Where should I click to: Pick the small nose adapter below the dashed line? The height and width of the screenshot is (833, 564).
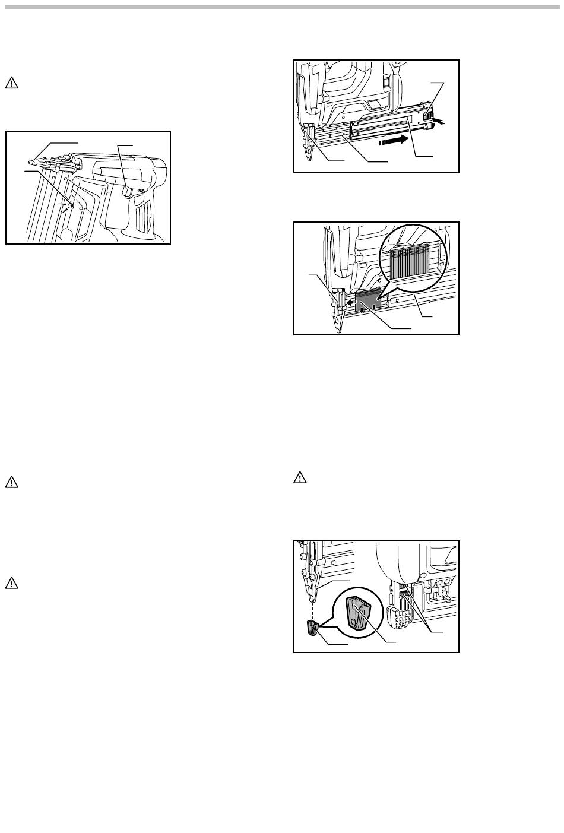tap(311, 626)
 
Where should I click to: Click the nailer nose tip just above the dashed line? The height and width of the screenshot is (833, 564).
tap(309, 591)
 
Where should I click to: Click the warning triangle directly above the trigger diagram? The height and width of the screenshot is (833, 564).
tap(11, 83)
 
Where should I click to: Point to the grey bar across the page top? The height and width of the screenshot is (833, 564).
tap(282, 7)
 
